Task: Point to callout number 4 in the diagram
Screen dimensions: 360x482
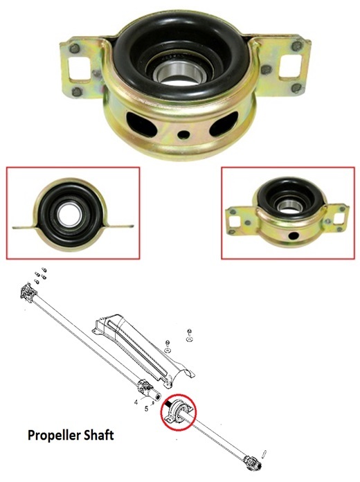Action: click(x=136, y=402)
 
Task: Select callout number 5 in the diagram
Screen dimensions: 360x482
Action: click(x=146, y=409)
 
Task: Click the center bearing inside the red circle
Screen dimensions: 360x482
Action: click(x=178, y=411)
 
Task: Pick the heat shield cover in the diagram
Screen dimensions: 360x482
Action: click(x=145, y=350)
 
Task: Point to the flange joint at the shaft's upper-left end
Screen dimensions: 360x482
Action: click(x=28, y=292)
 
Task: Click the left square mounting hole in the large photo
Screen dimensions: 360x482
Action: click(x=79, y=69)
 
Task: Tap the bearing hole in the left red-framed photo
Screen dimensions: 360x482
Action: click(x=71, y=215)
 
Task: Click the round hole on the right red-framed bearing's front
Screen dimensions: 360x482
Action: click(x=294, y=236)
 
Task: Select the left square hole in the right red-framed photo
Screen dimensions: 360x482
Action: click(x=236, y=221)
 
